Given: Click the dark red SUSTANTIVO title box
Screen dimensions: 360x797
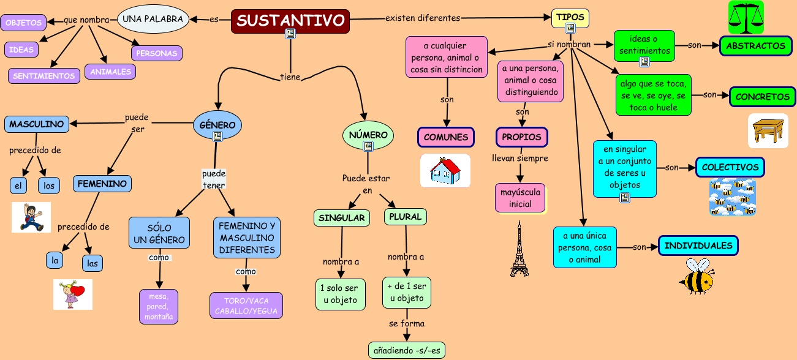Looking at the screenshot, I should pos(290,21).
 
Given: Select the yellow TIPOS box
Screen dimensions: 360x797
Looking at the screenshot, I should pos(570,17).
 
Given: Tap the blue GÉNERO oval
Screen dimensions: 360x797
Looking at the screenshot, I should pos(217,125).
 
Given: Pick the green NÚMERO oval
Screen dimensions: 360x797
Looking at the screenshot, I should pos(368,135).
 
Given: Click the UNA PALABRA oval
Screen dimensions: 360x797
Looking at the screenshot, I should pos(153,19).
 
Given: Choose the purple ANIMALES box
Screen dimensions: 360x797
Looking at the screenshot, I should pos(110,72).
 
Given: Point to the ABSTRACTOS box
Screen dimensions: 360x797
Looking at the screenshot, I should pos(755,46).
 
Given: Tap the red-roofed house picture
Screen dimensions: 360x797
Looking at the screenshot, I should pos(445,170).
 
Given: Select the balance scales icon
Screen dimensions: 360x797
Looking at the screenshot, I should pos(746,17).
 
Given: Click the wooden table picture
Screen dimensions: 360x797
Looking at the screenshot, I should pos(768,130).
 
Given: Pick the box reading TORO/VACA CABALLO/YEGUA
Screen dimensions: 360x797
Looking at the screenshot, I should pos(246,306).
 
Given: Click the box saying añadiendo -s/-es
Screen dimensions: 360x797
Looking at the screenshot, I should pos(407,350).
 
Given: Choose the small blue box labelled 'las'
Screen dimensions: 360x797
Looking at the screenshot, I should pos(93,263).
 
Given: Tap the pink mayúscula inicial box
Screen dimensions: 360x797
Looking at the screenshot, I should pos(520,198).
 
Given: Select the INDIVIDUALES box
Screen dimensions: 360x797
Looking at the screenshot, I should pos(698,246).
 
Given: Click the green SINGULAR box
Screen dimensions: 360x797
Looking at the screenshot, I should pos(342,217).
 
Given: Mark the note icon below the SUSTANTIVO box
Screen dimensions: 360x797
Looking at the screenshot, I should pos(291,35).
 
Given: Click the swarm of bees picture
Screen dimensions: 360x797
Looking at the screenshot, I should pos(733,197).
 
